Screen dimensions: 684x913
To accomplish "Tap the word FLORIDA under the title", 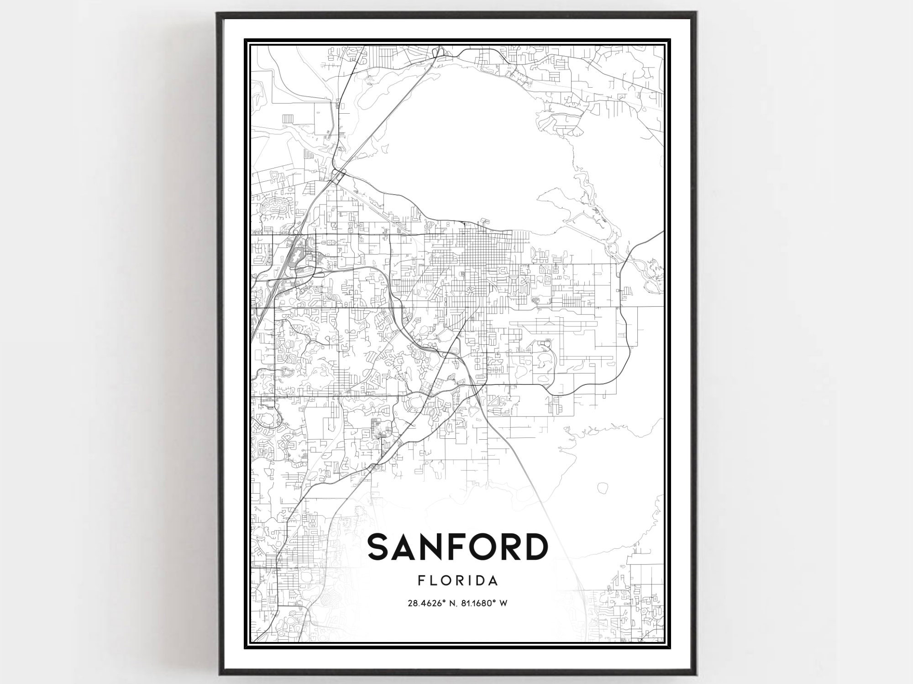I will click(x=457, y=581).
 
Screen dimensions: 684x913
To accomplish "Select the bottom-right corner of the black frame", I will click(x=696, y=673).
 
